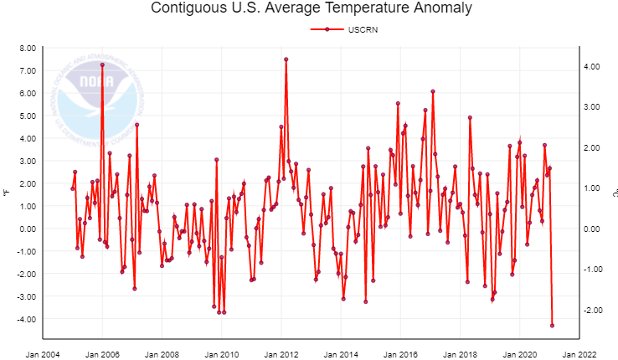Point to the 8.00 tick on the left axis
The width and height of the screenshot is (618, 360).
coord(25,48)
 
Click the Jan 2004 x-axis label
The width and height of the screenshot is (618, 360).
coord(43,354)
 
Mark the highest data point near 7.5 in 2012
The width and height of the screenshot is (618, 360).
coord(286,59)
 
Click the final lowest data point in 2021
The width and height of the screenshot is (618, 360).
coord(552,326)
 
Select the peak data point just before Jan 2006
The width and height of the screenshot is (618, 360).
coord(102,64)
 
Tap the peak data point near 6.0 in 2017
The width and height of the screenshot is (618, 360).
coord(433,91)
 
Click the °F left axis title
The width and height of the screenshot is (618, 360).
coord(6,193)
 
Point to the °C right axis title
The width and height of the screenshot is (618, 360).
coord(613,193)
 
